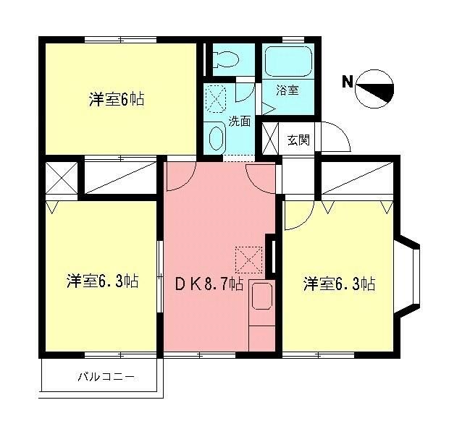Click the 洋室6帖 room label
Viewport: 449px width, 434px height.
pos(117,101)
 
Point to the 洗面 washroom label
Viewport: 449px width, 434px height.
pos(240,121)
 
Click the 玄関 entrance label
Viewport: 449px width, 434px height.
pos(298,140)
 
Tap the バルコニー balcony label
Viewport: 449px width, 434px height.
pos(106,377)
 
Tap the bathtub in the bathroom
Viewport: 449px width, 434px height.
pos(288,61)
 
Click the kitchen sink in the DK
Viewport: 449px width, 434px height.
pos(261,297)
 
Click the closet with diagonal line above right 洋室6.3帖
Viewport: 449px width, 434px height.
pos(358,177)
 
